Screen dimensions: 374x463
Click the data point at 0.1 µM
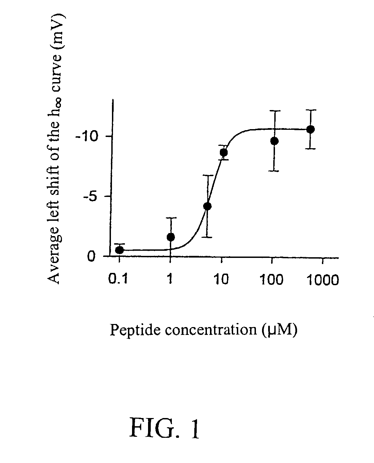[119, 250]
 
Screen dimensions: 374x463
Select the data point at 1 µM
[170, 237]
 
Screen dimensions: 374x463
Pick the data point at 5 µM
[207, 206]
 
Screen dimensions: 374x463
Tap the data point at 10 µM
[224, 153]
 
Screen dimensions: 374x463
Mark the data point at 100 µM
[274, 141]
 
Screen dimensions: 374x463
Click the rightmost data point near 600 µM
[311, 129]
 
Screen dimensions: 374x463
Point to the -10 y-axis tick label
[86, 137]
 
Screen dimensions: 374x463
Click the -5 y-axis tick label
[89, 197]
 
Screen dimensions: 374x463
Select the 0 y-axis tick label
[91, 257]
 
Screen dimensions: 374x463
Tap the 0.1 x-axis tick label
[118, 279]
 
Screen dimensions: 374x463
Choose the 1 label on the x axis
[170, 279]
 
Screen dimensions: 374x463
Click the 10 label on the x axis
[221, 279]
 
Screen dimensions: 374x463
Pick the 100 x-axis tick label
[272, 279]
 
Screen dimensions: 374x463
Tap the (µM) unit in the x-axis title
[279, 330]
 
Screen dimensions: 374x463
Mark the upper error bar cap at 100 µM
[275, 111]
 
